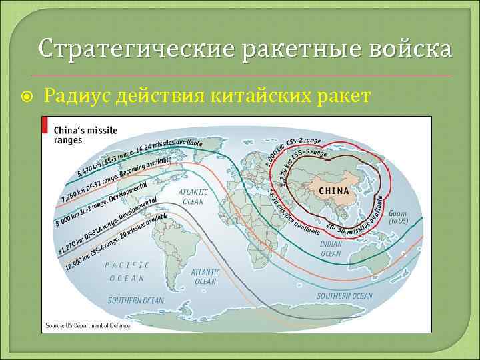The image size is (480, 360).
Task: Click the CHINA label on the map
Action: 334,191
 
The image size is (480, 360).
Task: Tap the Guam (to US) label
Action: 397,217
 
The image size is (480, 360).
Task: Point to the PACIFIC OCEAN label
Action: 127,271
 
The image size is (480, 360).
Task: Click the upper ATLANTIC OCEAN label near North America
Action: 193,197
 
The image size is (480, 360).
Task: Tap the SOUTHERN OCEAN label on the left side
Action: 135,301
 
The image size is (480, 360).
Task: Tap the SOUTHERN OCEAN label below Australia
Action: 344,296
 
